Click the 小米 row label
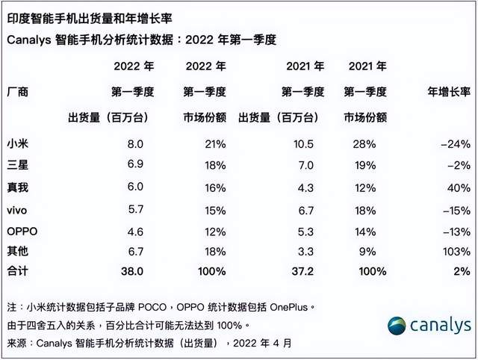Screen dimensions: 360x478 pos(16,142)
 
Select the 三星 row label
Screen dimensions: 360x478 pos(16,161)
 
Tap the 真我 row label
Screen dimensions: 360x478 pos(16,181)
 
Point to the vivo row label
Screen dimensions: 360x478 pos(16,211)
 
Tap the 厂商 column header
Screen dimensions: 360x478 pos(16,92)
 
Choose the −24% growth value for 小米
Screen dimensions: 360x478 pos(456,142)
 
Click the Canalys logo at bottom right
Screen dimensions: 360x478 pos(429,326)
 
